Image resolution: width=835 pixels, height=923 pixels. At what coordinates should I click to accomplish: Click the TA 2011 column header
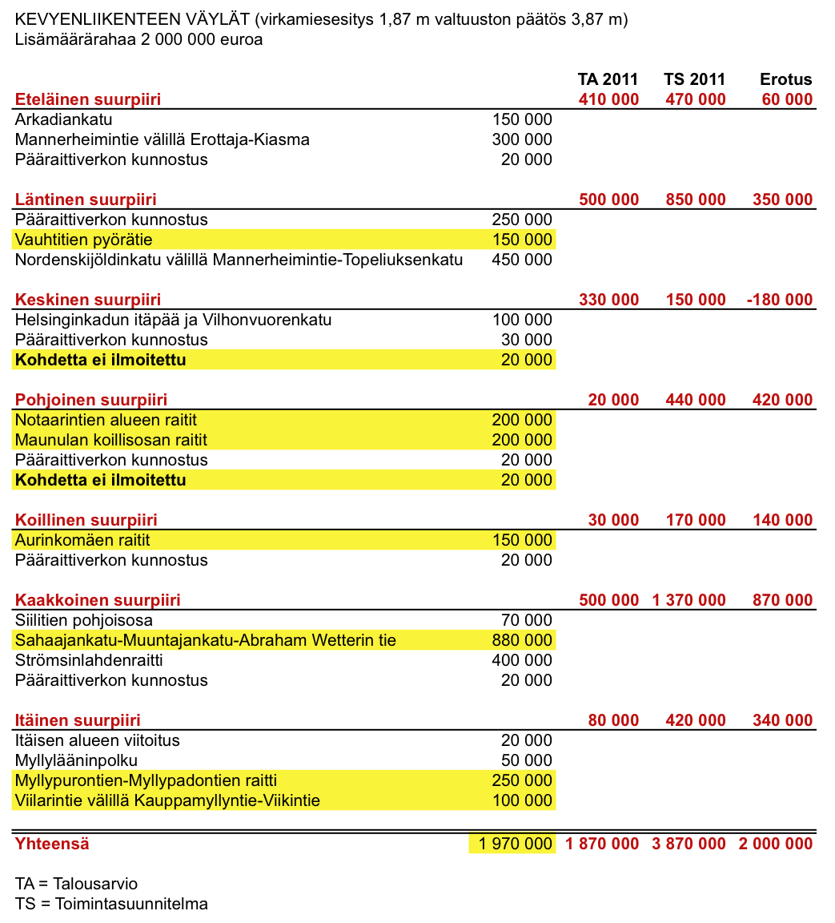[608, 79]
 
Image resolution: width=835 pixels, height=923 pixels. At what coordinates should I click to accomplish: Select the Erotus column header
[786, 79]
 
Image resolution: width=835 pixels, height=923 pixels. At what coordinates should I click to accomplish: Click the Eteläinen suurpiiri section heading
[88, 99]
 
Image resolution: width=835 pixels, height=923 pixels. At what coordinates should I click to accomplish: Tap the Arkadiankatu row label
[64, 119]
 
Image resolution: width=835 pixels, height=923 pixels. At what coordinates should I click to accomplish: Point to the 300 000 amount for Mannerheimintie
[522, 139]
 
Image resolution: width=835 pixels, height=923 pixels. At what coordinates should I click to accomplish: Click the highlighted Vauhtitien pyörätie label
[83, 240]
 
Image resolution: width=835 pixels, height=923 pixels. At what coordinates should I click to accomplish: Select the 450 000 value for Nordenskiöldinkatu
[522, 260]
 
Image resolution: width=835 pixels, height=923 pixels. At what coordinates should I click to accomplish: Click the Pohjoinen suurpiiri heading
[91, 400]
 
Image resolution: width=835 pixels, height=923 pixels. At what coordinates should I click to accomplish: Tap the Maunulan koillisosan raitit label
[111, 440]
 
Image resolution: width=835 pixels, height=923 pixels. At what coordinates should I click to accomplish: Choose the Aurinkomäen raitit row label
[82, 540]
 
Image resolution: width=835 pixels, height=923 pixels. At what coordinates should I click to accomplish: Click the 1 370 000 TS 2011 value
[688, 600]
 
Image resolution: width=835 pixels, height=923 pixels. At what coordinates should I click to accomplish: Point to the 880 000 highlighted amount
[522, 640]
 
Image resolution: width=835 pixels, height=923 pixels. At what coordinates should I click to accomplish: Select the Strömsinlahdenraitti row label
[89, 660]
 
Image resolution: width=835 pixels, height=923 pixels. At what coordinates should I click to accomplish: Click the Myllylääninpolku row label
[77, 760]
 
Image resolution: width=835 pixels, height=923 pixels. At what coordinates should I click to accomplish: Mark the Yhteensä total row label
[52, 844]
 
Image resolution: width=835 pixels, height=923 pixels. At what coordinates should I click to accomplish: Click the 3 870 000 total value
[688, 844]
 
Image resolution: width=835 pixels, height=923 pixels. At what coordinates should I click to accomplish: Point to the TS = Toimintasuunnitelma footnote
[111, 904]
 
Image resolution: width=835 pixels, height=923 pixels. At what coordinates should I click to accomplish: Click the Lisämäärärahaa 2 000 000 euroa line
[138, 39]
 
